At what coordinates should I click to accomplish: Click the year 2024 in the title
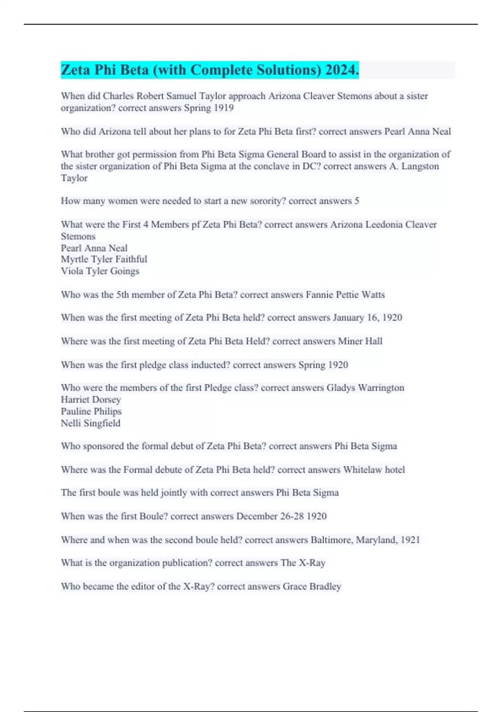342,70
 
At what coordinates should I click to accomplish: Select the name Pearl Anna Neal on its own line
94,248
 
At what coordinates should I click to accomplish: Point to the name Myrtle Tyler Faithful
104,259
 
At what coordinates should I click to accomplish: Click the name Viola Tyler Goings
100,271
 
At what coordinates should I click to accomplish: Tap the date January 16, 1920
367,317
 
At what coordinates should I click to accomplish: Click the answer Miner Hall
360,341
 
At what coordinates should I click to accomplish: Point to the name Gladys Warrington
365,388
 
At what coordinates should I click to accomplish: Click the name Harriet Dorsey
91,400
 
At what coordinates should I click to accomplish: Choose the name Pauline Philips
91,411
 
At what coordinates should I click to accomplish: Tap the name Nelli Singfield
90,423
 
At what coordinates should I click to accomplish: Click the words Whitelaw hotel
374,470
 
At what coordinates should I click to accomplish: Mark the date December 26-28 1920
281,516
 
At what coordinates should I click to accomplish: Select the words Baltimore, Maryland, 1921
365,540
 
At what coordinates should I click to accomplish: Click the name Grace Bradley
312,586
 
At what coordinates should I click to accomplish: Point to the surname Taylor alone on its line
74,178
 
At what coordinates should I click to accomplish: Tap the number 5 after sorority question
357,201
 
